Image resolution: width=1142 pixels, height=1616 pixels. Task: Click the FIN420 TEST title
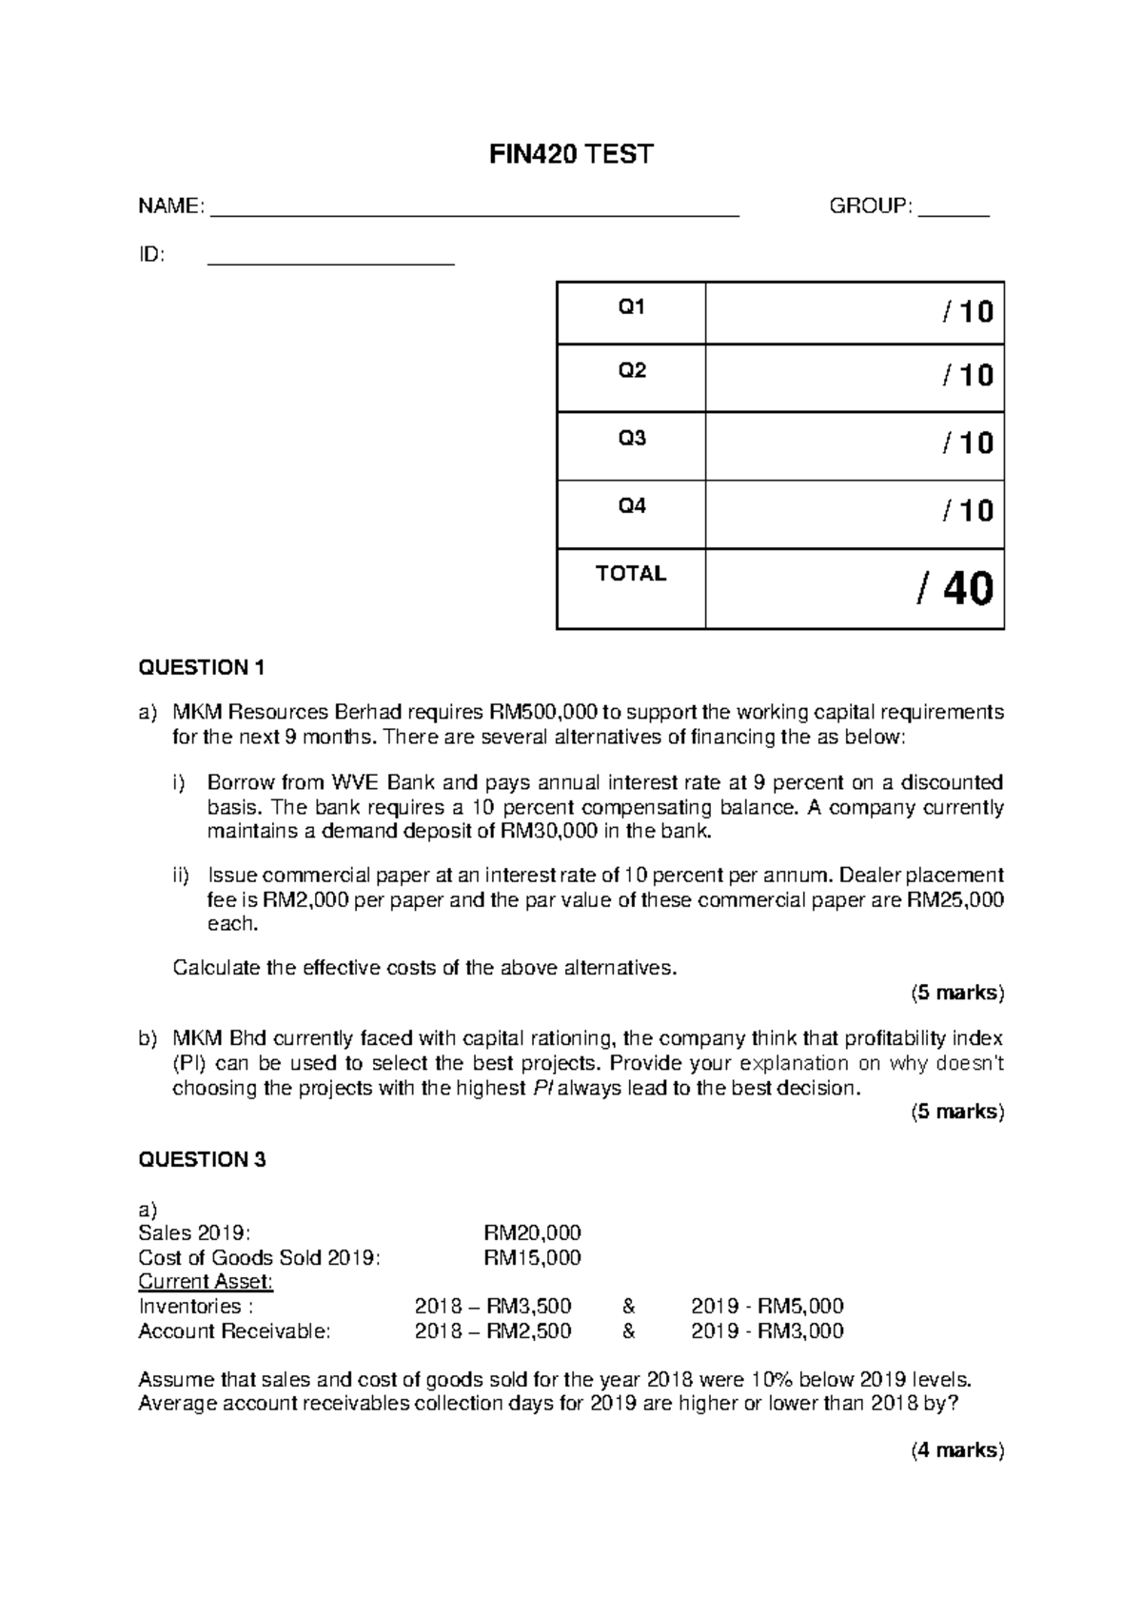(x=571, y=154)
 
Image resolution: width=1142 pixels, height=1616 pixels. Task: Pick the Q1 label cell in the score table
(x=632, y=308)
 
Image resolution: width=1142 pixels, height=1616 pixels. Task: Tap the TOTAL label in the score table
(x=631, y=574)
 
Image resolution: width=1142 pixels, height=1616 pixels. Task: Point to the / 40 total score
(x=955, y=589)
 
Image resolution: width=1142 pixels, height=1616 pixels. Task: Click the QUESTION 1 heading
(x=202, y=667)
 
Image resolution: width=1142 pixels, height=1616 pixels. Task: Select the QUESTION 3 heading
(x=202, y=1159)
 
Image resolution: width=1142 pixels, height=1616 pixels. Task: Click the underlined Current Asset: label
(x=206, y=1282)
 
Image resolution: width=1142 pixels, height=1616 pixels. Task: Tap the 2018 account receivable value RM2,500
(x=528, y=1331)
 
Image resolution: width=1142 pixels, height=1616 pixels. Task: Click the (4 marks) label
(x=956, y=1450)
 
